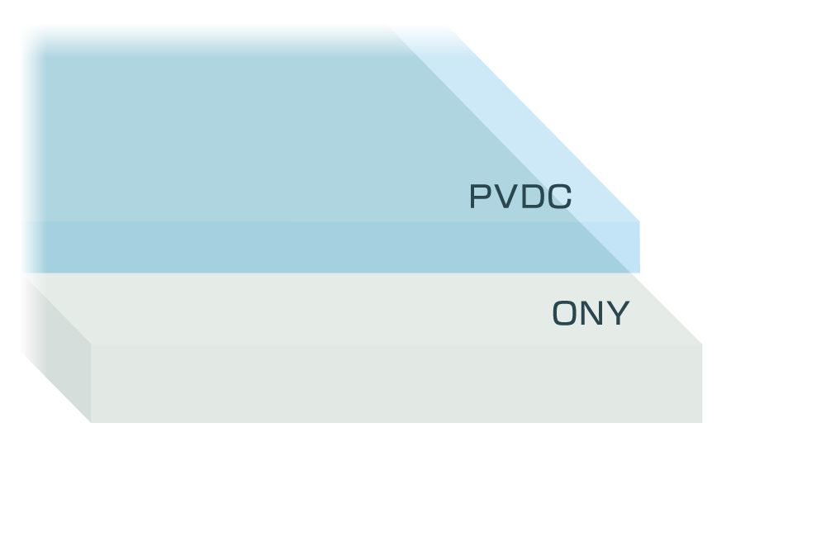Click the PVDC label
[520, 197]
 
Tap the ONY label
[591, 314]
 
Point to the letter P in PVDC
[481, 197]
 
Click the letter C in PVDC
[559, 197]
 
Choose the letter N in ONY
[591, 314]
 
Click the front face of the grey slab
[396, 383]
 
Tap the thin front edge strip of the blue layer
[330, 247]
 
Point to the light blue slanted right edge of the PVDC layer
[545, 124]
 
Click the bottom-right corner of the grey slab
[701, 422]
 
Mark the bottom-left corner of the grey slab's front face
[92, 422]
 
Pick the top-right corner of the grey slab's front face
[701, 345]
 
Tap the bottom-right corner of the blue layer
[639, 272]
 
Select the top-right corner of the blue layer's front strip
[639, 221]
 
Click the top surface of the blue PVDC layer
[248, 132]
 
